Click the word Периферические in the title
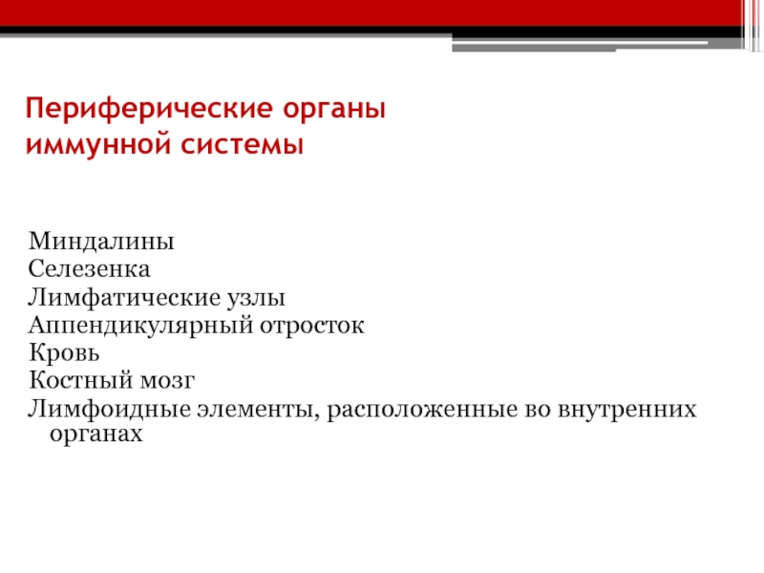150,109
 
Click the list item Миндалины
101,242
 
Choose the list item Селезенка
89,269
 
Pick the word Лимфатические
124,297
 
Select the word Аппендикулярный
140,325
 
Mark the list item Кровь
64,352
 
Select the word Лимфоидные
109,409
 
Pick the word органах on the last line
96,434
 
